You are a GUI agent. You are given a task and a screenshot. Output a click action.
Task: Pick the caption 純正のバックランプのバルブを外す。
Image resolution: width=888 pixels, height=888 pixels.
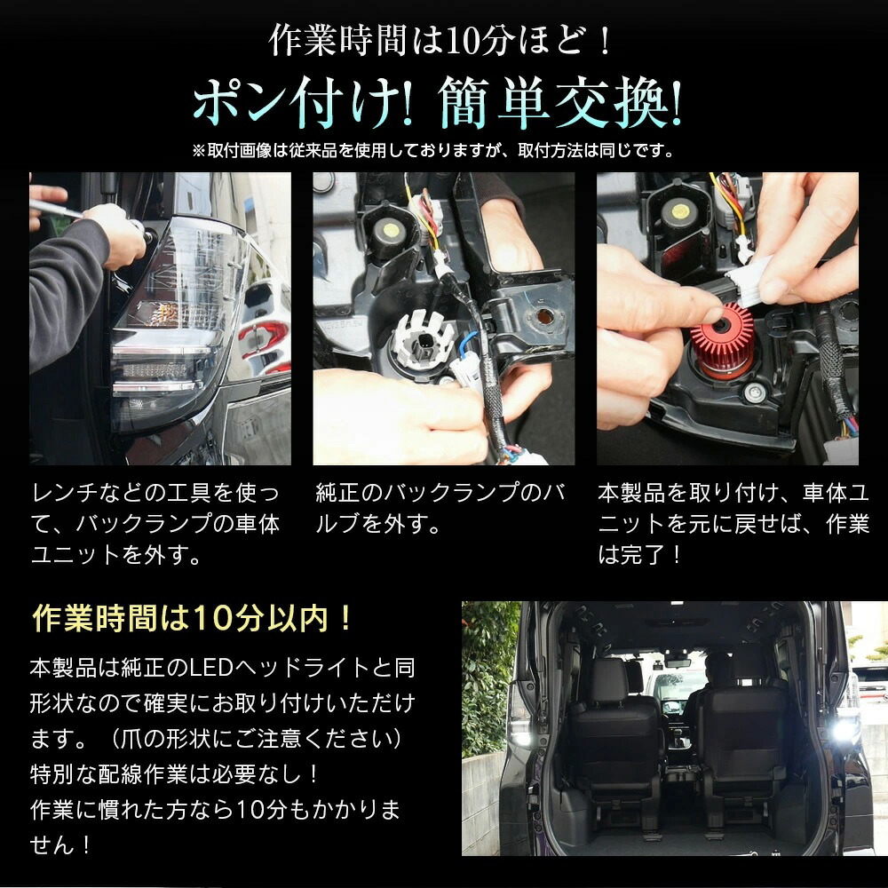441,508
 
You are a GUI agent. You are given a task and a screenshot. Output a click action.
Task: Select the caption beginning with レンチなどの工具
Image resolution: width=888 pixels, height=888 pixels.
155,524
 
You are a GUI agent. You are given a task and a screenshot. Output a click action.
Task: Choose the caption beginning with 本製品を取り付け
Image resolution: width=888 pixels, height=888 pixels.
733,524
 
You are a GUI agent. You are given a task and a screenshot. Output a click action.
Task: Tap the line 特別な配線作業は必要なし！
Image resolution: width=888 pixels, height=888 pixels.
175,773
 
